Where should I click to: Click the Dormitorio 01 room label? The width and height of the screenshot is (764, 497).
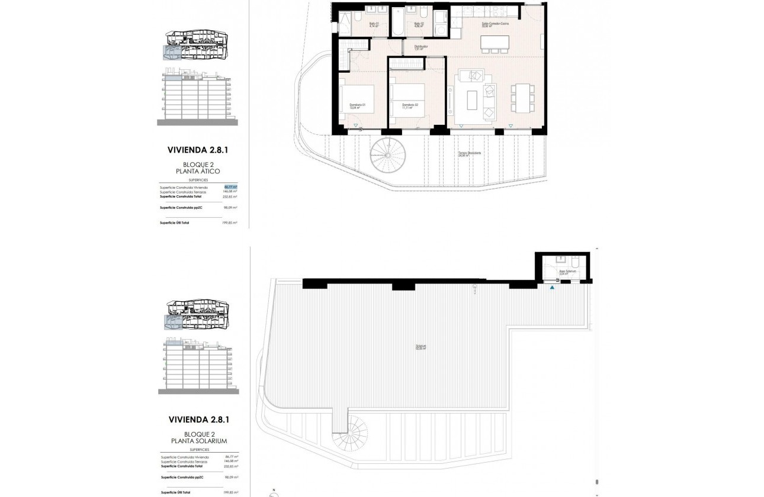tap(357, 106)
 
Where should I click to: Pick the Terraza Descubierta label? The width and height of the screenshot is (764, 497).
tap(468, 154)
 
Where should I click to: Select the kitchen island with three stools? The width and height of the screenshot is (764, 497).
tap(495, 42)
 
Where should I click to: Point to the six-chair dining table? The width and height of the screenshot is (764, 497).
tap(522, 98)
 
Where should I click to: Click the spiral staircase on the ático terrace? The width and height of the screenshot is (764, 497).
tap(387, 155)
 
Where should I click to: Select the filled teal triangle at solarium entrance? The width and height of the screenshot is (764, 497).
tap(553, 288)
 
